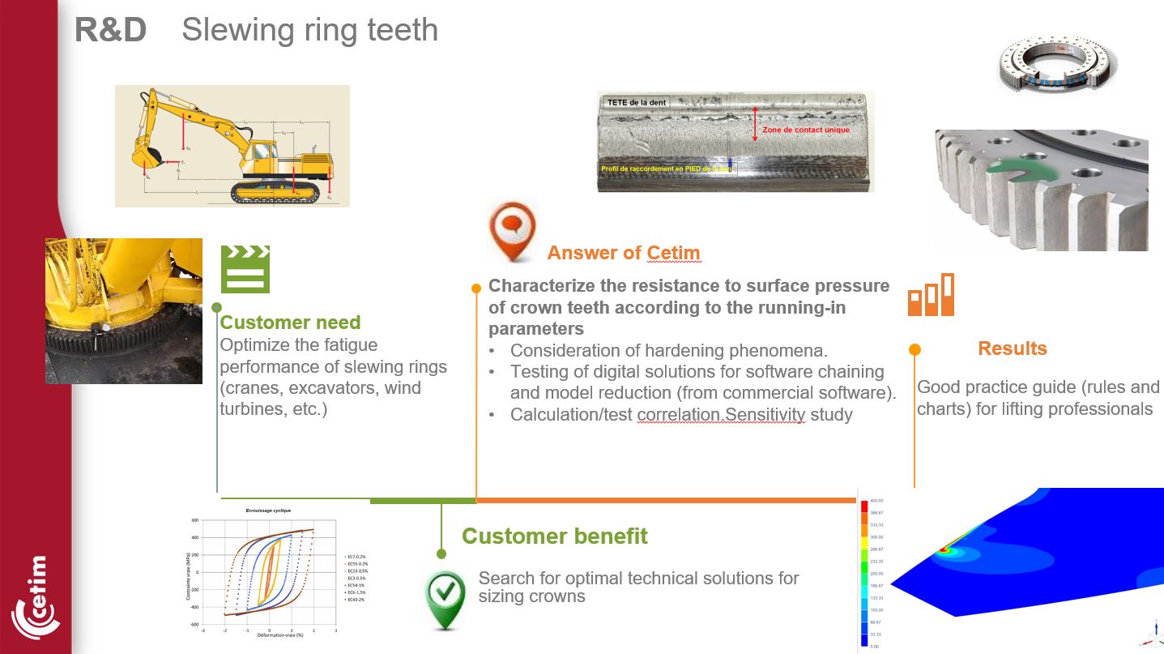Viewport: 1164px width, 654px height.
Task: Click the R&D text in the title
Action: coord(110,31)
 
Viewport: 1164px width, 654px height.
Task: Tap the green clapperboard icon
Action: coord(245,269)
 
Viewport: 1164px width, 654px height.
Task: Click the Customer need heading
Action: coord(290,323)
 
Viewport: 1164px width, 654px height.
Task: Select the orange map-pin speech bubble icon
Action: coord(513,230)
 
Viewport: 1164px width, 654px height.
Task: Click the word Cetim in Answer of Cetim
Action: coord(673,253)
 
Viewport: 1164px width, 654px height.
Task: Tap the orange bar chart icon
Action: coord(931,295)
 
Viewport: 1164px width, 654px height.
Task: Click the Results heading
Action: coord(1012,348)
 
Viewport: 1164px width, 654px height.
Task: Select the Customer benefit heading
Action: coord(554,536)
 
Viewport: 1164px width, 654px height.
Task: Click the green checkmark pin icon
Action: coord(446,598)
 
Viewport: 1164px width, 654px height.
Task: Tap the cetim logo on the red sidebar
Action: coord(36,599)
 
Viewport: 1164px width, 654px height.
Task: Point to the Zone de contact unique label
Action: coord(805,130)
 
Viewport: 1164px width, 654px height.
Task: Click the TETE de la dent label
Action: coord(637,103)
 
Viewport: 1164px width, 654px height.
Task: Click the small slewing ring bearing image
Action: coord(1057,65)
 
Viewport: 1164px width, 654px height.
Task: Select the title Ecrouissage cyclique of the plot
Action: coord(268,511)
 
